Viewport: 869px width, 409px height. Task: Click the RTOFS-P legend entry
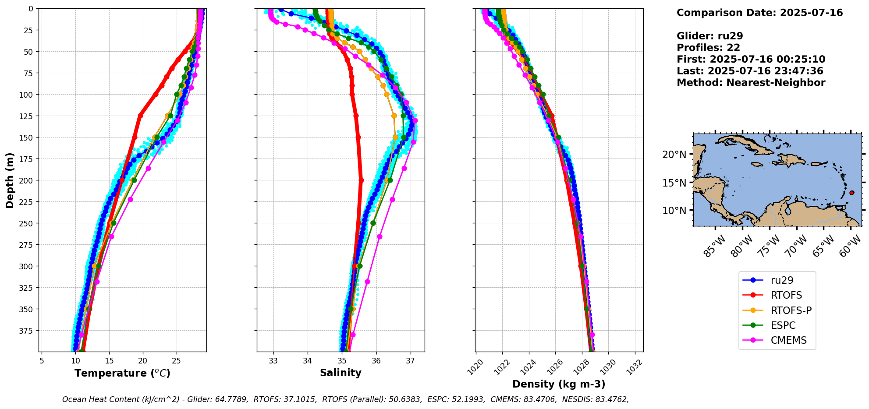[791, 310]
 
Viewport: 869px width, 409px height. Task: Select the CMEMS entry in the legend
[788, 340]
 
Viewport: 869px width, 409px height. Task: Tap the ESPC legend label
[783, 325]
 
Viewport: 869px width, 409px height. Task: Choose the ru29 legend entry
[782, 280]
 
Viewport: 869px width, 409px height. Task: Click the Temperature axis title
[122, 373]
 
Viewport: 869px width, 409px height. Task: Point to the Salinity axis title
[341, 373]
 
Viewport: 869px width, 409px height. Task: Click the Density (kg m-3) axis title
[559, 384]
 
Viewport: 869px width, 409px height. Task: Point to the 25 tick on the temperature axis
[177, 361]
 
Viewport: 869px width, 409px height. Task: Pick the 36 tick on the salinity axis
[376, 361]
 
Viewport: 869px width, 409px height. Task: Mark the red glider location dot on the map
[851, 193]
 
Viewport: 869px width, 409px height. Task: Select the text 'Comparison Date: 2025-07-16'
[759, 13]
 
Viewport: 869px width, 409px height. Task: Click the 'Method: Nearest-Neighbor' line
[751, 83]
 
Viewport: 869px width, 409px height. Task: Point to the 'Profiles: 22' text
[708, 48]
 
